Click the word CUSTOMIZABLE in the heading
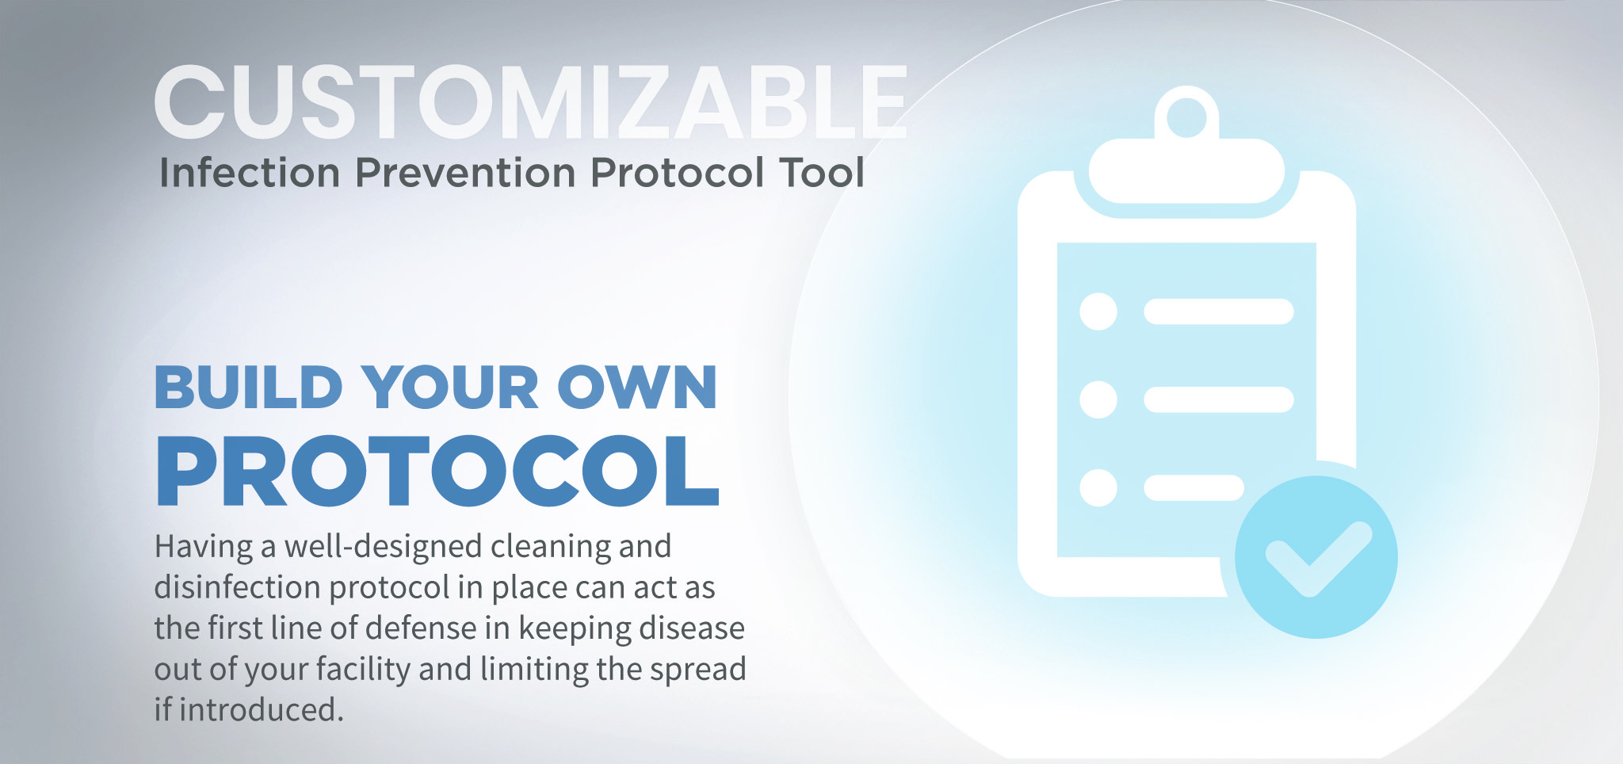[530, 102]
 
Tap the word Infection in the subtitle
[250, 173]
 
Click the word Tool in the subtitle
[822, 173]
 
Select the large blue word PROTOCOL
[437, 471]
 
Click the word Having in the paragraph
[204, 548]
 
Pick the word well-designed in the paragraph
[383, 548]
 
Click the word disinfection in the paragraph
[237, 587]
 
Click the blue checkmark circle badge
[1316, 557]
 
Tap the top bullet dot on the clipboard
[1098, 311]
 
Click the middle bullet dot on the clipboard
[1098, 399]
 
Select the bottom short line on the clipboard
[1193, 487]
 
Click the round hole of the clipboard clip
[1186, 118]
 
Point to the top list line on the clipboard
[1219, 311]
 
